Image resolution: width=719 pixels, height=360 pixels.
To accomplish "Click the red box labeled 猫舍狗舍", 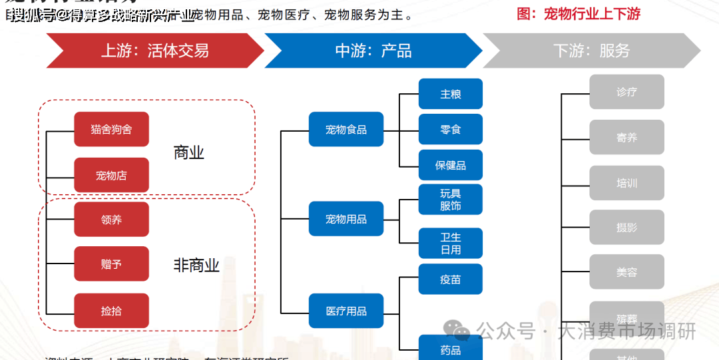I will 111,129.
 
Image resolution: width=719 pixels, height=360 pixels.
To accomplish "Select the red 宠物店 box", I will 111,176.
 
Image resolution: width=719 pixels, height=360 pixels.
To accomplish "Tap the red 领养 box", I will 111,220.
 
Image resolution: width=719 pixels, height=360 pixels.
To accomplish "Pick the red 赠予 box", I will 111,264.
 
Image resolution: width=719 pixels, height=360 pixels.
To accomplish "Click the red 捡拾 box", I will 111,311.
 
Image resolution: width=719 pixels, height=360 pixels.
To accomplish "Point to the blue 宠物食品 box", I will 346,129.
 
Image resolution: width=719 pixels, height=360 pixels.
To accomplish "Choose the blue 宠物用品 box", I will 346,219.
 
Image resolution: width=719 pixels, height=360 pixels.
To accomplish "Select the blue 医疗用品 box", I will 346,311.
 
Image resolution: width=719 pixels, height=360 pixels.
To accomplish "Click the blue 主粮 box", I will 451,94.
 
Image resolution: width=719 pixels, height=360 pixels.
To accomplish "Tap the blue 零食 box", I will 451,129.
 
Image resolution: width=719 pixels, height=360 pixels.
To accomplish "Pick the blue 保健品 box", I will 451,165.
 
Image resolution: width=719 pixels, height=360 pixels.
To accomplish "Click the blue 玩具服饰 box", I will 451,200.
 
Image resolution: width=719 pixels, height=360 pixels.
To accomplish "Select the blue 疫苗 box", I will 451,279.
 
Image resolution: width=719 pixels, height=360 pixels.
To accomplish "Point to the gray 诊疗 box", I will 626,92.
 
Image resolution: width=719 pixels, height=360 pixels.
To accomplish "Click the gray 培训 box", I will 626,183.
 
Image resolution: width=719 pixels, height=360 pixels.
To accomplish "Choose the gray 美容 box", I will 626,272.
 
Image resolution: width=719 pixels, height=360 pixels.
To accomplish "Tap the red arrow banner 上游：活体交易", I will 154,51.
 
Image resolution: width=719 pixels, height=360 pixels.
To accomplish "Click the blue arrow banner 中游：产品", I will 373,51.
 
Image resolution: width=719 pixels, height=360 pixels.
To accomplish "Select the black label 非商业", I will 196,266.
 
